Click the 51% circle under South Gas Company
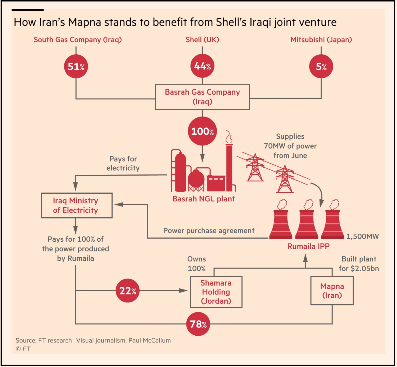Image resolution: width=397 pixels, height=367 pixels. (x=76, y=67)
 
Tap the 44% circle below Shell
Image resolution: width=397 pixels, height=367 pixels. (x=202, y=66)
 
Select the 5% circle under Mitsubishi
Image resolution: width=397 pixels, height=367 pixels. (x=321, y=67)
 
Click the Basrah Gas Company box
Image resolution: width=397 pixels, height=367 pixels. (x=202, y=97)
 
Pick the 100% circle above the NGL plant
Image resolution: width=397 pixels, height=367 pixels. (x=202, y=131)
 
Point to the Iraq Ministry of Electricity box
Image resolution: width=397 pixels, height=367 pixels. (x=77, y=206)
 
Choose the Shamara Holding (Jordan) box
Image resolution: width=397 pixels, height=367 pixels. (x=216, y=292)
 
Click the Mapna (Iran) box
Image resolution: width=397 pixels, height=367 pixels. (x=332, y=291)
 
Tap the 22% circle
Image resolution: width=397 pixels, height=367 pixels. (x=128, y=291)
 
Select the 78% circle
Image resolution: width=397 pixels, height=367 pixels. (x=198, y=324)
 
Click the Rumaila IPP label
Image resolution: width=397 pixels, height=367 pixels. (x=308, y=246)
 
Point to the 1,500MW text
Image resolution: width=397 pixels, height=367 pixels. (x=362, y=236)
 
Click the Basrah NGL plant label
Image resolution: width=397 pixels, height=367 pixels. (x=204, y=199)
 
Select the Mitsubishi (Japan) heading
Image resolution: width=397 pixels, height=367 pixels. (x=321, y=40)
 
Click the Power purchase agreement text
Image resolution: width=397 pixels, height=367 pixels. (x=209, y=231)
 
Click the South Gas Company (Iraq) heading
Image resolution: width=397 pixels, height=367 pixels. (x=78, y=40)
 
